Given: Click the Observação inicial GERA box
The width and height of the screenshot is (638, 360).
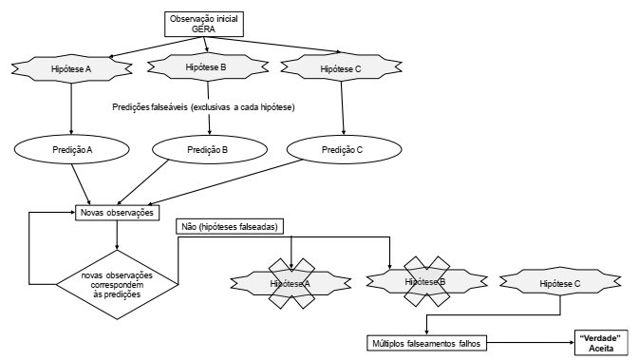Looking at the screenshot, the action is click(204, 24).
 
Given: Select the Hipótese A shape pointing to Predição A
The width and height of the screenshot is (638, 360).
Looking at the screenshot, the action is click(71, 68).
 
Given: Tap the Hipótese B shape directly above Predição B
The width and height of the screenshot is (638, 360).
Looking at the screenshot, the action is click(208, 67).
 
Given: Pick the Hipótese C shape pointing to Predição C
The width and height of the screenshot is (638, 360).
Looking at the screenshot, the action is click(341, 68).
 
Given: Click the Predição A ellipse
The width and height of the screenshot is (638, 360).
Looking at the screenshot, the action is click(72, 149).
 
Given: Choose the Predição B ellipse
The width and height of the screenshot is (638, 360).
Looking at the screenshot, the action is click(210, 149).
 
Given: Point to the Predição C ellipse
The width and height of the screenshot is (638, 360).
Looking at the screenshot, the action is click(345, 149).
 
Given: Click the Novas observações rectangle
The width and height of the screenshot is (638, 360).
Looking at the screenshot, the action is click(117, 213).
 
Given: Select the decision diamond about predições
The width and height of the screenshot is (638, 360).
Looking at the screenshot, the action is click(117, 284).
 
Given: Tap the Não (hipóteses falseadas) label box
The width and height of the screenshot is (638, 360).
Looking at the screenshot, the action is click(230, 226).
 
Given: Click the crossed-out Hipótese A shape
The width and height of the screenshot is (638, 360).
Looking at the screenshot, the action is click(291, 283).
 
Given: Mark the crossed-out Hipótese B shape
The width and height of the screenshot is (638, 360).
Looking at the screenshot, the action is click(426, 281).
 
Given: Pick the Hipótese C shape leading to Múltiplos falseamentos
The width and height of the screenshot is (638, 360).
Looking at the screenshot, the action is click(560, 283).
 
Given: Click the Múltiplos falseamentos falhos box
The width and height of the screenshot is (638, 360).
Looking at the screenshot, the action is click(426, 343).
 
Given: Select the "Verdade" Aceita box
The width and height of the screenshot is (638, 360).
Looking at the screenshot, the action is click(601, 343).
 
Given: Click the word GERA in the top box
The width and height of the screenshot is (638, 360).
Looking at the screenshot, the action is click(203, 28).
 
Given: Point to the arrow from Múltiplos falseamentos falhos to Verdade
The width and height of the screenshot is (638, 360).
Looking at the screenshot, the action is click(531, 343).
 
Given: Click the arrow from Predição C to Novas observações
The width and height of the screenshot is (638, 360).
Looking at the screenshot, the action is click(225, 182).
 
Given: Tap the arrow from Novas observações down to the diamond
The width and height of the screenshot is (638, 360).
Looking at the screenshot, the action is click(117, 235).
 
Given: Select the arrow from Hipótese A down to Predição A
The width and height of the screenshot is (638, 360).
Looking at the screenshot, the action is click(71, 108).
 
